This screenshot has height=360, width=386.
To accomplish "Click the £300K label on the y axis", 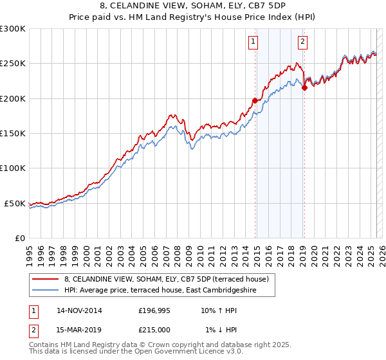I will (13, 29).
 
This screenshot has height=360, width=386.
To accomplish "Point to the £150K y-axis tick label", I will (13, 134).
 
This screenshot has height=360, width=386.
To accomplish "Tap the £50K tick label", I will (15, 203).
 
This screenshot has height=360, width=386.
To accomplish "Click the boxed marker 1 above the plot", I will (253, 43).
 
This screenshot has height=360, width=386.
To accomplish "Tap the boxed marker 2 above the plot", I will (302, 43).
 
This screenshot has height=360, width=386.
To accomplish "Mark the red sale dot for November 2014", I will (255, 100).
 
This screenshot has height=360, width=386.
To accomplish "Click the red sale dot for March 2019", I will (304, 88).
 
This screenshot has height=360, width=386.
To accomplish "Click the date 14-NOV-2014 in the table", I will (79, 310).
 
